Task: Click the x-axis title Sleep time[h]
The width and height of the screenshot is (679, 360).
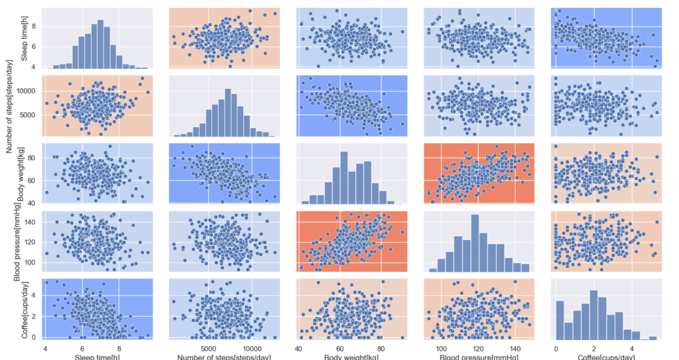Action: pos(98,356)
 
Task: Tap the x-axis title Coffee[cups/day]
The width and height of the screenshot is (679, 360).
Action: pos(607,356)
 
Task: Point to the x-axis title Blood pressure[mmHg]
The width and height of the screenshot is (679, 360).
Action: pos(479,356)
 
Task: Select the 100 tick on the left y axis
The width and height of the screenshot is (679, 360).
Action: pos(29,263)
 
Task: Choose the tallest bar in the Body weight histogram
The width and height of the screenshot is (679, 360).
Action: pos(344,179)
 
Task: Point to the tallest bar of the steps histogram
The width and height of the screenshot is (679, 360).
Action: pos(227,113)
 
